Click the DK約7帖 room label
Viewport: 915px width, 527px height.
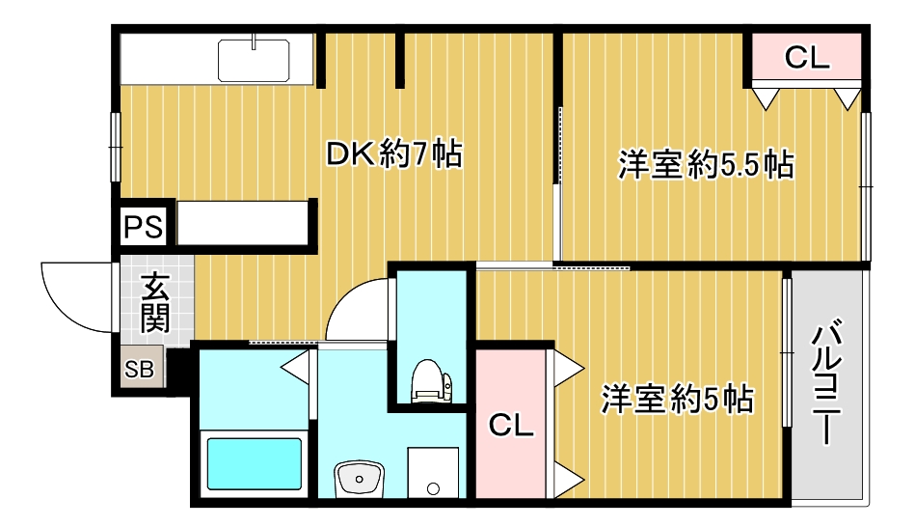click(x=393, y=153)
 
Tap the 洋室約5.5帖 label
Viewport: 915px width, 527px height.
click(x=706, y=165)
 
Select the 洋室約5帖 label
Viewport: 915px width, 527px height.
click(x=678, y=397)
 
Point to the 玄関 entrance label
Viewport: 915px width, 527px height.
click(x=154, y=302)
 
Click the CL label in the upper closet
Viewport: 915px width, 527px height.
click(x=806, y=58)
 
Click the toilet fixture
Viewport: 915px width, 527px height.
click(x=427, y=381)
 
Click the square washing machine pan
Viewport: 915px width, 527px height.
click(x=433, y=472)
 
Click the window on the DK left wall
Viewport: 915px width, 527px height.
click(x=116, y=147)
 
